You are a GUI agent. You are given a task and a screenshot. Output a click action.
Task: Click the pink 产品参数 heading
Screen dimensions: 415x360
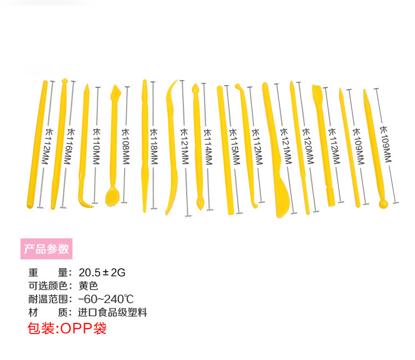(46, 249)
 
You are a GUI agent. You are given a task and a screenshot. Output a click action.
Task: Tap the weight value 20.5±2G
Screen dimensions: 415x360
(102, 272)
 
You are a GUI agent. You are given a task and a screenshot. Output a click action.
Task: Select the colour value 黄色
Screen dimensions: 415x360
(88, 286)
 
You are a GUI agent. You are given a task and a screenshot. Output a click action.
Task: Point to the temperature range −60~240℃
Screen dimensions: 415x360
(106, 299)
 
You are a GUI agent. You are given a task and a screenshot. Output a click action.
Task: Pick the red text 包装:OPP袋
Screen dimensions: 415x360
(67, 328)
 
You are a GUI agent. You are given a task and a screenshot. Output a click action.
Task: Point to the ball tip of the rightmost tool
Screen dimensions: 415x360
(383, 204)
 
